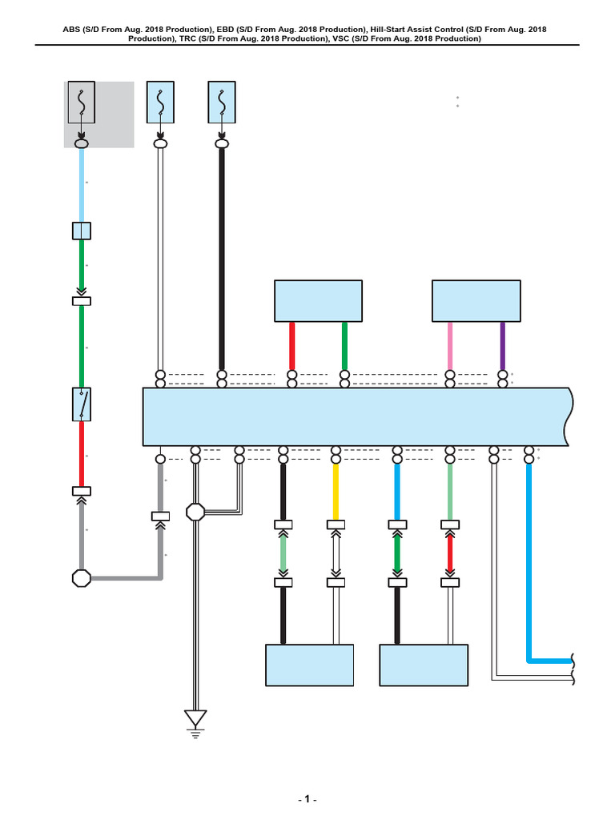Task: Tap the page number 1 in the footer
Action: tap(307, 800)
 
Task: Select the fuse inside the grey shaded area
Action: tap(82, 102)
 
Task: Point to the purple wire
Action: tap(502, 345)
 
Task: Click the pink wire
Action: tap(450, 345)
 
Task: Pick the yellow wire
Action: tap(336, 490)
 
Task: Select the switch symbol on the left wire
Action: tap(82, 404)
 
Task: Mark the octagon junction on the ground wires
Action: tap(195, 511)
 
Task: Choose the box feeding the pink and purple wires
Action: tap(476, 300)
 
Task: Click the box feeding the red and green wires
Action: tap(318, 300)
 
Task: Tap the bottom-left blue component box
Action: tap(309, 665)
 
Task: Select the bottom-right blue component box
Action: tap(423, 665)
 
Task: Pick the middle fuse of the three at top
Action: tap(161, 102)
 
